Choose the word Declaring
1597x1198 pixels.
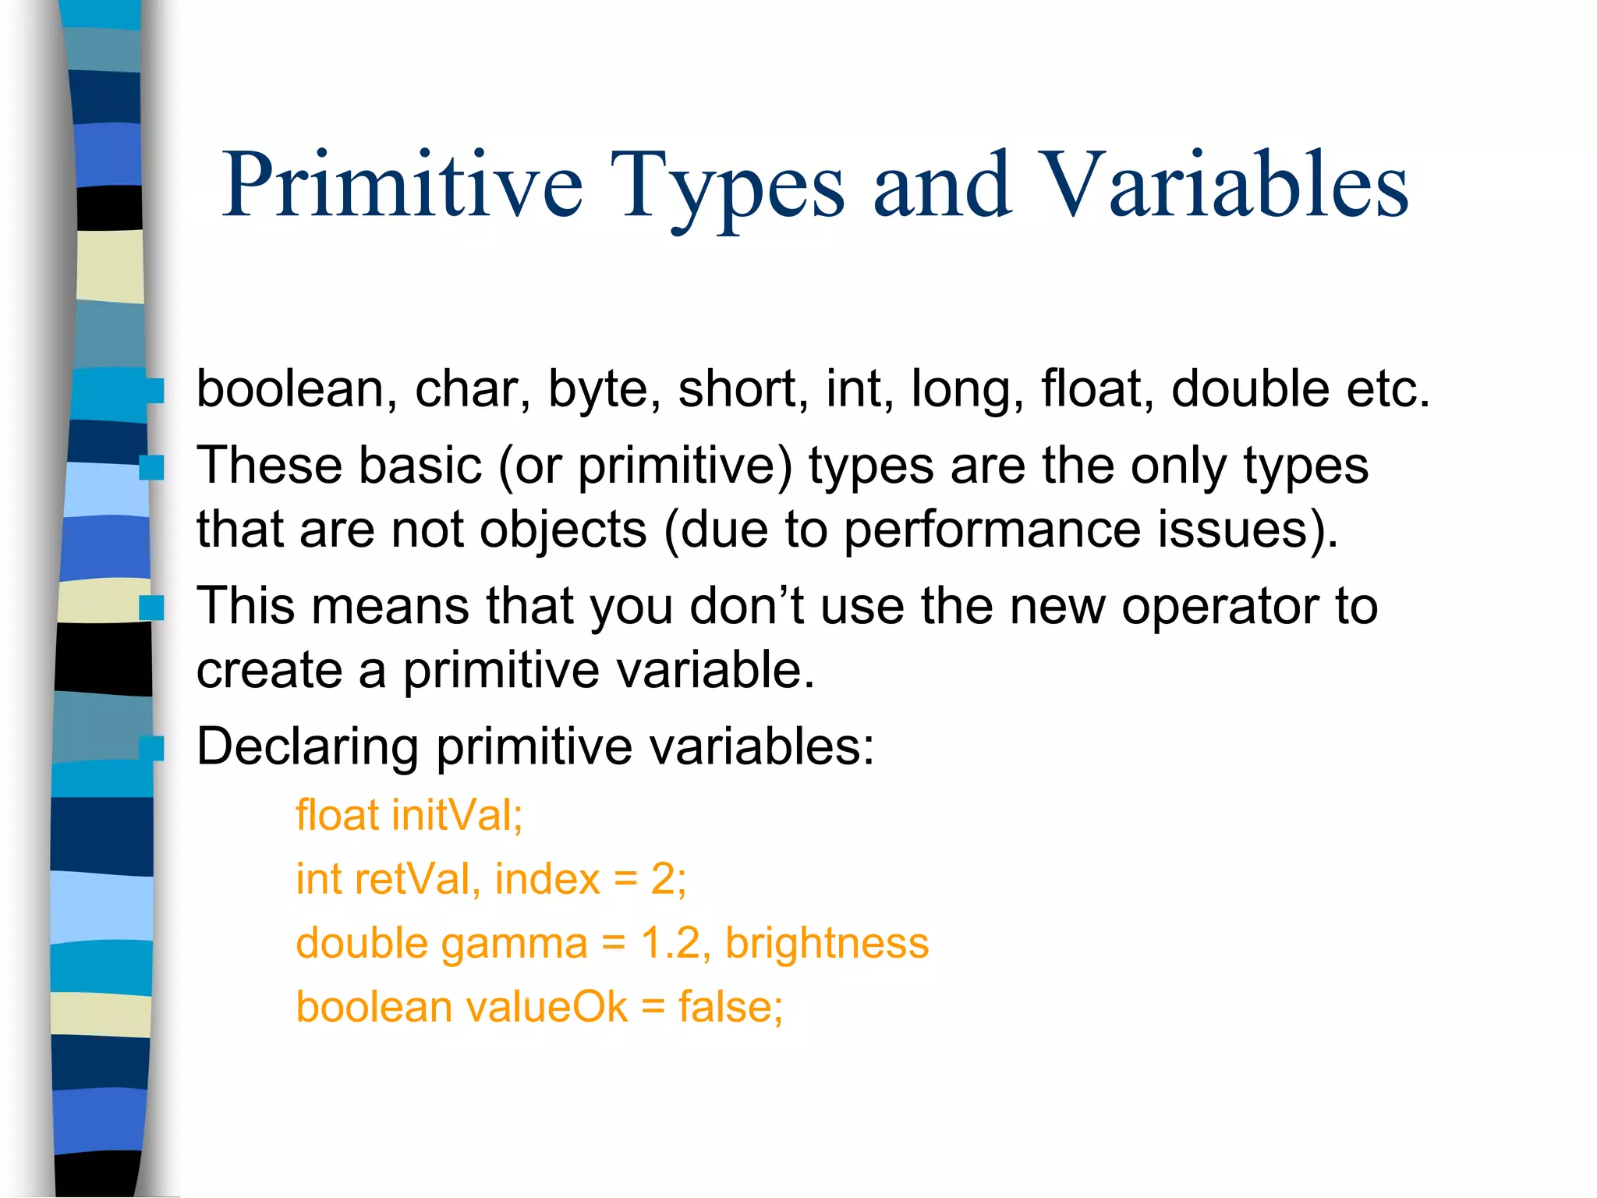point(307,747)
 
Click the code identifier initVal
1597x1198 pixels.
point(457,815)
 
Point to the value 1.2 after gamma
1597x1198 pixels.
point(670,943)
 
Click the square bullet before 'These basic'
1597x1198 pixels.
point(151,467)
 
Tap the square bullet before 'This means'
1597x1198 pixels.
point(151,607)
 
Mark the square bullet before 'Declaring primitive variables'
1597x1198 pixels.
point(151,748)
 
